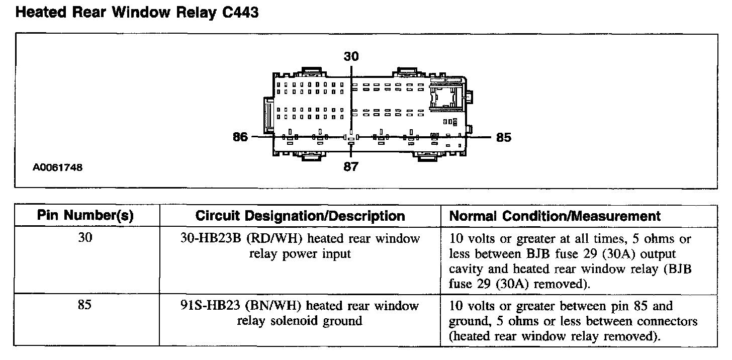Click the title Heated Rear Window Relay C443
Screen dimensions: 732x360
[137, 12]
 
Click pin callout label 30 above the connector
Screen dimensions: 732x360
[351, 56]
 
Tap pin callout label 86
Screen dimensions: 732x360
[240, 137]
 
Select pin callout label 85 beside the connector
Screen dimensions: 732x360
[503, 137]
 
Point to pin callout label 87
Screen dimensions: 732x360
[351, 166]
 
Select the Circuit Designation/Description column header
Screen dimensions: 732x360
[300, 216]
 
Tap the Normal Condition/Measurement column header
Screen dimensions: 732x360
[555, 216]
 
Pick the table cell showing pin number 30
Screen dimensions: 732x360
[85, 239]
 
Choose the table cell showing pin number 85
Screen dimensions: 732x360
[85, 306]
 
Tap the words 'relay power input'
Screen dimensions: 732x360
[300, 254]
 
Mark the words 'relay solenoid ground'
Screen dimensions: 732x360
[300, 321]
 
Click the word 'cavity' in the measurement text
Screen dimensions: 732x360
[465, 269]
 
